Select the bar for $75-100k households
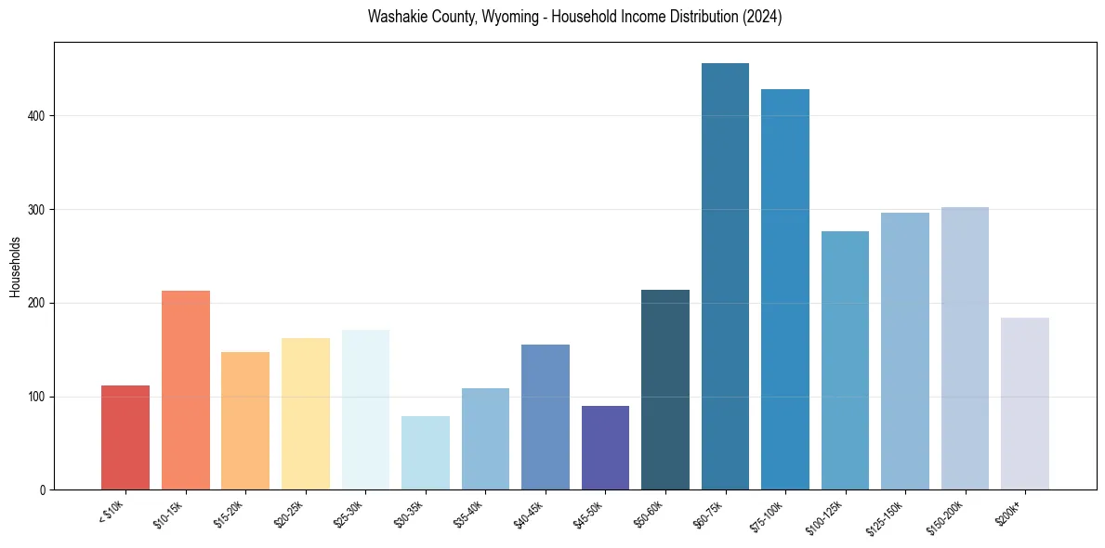click(785, 289)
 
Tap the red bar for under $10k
click(125, 437)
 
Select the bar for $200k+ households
click(1025, 403)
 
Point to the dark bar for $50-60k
click(665, 390)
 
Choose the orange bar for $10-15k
click(186, 390)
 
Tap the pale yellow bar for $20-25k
click(306, 413)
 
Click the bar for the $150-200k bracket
click(965, 348)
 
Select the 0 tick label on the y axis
click(42, 490)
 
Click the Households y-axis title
click(15, 267)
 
